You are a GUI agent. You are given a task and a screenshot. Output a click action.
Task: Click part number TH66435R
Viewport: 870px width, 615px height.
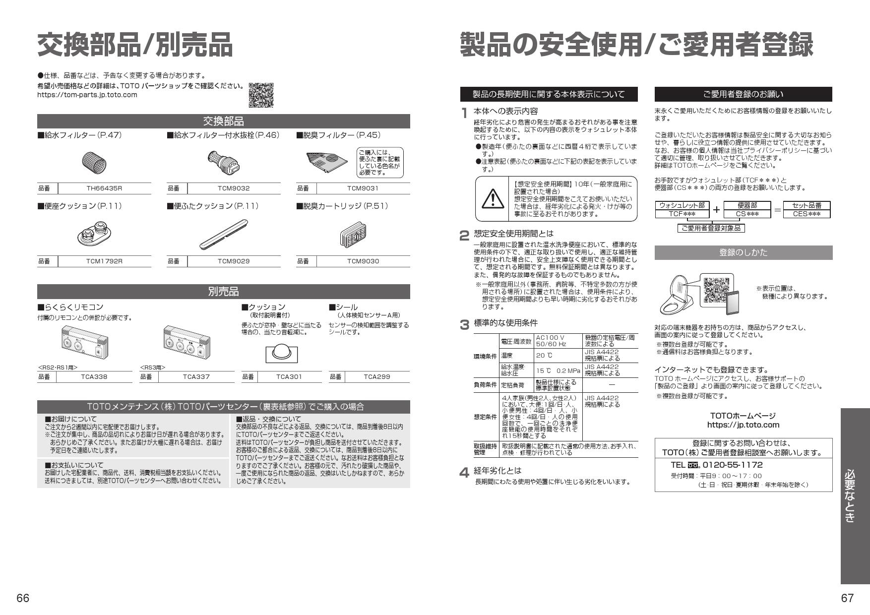click(x=104, y=188)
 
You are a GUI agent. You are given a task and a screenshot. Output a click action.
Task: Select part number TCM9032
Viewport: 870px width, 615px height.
click(x=234, y=188)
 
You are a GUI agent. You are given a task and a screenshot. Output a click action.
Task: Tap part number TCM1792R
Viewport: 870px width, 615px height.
click(x=104, y=261)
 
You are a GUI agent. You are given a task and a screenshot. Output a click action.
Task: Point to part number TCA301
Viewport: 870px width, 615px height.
click(x=289, y=377)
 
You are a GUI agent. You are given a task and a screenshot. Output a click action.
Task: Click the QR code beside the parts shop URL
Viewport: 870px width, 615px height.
click(x=261, y=95)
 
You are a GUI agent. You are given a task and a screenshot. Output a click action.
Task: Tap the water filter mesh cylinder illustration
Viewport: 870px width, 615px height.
click(x=94, y=161)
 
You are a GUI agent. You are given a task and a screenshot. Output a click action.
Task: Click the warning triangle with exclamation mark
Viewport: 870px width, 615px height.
click(x=492, y=199)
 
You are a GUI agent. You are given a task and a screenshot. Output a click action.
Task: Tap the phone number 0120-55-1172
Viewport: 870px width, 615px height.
click(x=733, y=465)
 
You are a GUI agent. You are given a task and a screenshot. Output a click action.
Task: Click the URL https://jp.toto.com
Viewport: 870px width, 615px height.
click(x=743, y=425)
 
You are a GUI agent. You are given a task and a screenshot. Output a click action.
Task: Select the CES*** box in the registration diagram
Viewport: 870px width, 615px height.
click(x=807, y=214)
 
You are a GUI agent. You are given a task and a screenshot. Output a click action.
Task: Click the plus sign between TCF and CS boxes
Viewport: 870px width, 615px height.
click(x=716, y=210)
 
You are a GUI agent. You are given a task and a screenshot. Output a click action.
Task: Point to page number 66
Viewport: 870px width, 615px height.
click(x=23, y=598)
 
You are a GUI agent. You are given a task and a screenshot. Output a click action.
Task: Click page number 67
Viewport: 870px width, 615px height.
click(x=847, y=598)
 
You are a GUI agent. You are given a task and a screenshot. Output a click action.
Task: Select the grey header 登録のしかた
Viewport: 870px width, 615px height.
click(x=743, y=252)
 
